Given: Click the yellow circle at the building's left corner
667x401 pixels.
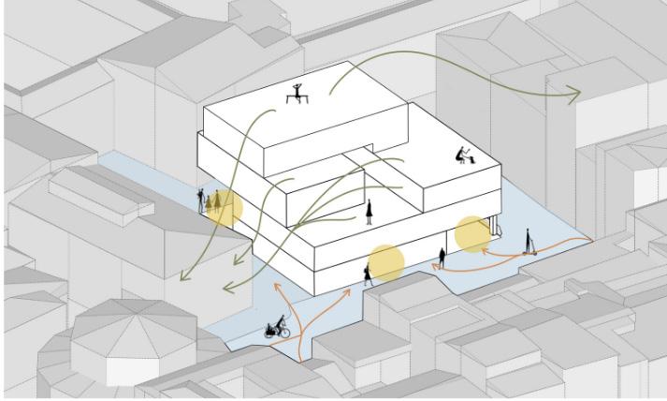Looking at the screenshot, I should click(225, 209).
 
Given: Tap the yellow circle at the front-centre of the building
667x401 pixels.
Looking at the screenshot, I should click(385, 262).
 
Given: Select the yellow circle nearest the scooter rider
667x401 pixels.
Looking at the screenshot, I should click(472, 234).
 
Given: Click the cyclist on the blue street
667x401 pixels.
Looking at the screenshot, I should click(276, 327).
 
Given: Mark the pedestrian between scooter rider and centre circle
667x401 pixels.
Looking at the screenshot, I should click(442, 256).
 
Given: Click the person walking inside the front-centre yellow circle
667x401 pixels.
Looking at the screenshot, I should click(369, 273).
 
